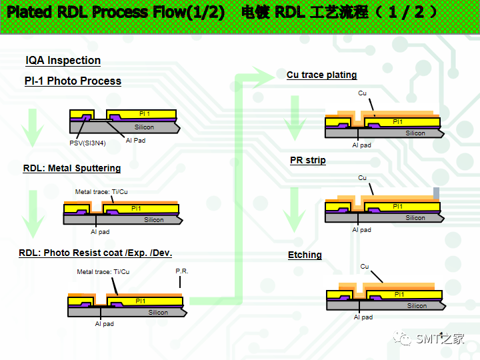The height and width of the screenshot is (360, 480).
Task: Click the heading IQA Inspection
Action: (x=63, y=61)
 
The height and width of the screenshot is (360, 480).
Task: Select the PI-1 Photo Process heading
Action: (x=73, y=81)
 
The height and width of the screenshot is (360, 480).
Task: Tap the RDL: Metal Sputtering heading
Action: (x=72, y=169)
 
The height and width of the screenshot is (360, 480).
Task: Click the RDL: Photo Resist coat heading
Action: (x=95, y=253)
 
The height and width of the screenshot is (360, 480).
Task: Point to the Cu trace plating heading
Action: (x=322, y=75)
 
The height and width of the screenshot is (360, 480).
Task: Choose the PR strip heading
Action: (x=308, y=161)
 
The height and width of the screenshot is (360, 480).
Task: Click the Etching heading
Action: (x=305, y=255)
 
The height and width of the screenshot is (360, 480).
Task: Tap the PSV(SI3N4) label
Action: (x=87, y=143)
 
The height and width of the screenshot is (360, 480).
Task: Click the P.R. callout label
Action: (x=182, y=271)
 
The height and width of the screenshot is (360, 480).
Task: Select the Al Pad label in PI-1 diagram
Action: (x=135, y=141)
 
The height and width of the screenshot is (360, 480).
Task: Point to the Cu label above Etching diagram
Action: (x=365, y=267)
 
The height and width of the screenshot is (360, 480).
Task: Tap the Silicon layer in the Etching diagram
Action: (x=417, y=306)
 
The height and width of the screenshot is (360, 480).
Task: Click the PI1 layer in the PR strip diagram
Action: (x=397, y=207)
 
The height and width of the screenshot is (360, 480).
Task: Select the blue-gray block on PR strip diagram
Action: (x=436, y=193)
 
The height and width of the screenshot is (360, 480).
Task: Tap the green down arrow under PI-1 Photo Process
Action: (x=32, y=126)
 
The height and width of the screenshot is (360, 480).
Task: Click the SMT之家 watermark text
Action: (x=440, y=339)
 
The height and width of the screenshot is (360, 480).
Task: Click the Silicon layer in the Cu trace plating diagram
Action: (x=415, y=133)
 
